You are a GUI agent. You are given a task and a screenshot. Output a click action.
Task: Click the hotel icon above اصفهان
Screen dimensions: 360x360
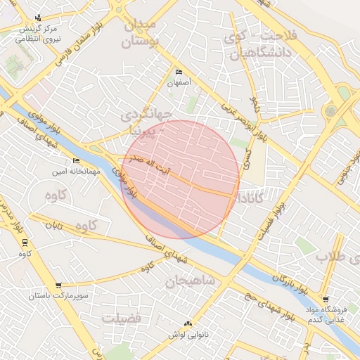[179, 72]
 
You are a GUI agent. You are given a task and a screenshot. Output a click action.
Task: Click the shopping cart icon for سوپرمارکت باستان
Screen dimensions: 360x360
[58, 286]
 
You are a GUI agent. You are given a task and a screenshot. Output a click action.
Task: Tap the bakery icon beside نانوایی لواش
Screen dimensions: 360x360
[188, 323]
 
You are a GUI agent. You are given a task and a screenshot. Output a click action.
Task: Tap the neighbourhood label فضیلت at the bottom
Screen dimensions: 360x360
[121, 319]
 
